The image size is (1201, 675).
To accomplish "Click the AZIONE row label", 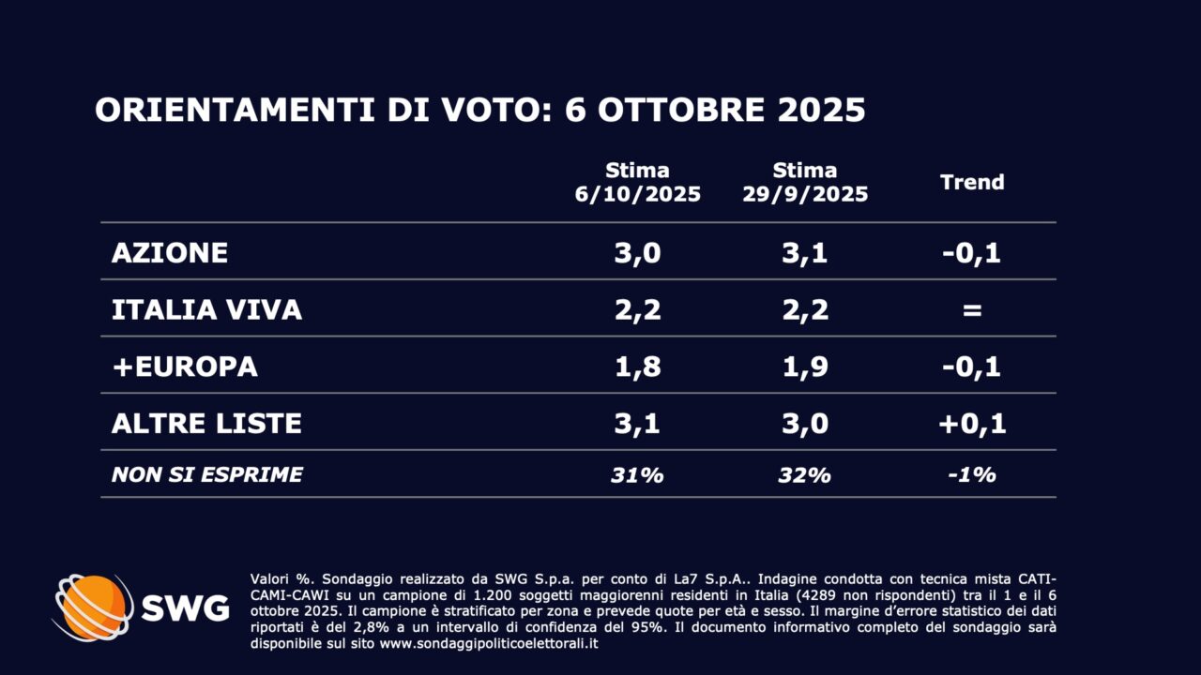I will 169,253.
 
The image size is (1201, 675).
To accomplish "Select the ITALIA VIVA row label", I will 206,310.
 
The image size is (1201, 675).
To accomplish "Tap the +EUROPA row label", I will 184,367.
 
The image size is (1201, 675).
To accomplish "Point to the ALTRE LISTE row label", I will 206,424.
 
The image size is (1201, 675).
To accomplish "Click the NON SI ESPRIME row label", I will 206,475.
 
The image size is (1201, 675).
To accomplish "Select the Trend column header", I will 972,182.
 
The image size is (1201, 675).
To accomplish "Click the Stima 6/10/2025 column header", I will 637,183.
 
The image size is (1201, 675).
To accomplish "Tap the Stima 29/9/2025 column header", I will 804,183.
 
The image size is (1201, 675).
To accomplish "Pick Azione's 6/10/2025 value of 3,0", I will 637,253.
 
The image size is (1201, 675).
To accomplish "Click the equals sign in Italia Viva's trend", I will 972,310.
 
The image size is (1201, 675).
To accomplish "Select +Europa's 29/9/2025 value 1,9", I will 804,367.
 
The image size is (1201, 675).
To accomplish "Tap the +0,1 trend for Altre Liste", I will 972,424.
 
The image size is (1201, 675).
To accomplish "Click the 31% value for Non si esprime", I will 637,475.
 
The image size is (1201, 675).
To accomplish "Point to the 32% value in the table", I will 804,475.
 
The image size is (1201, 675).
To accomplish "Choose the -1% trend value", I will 972,475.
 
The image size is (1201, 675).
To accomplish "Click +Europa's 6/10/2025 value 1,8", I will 637,367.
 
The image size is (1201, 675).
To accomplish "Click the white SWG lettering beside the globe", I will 185,608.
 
